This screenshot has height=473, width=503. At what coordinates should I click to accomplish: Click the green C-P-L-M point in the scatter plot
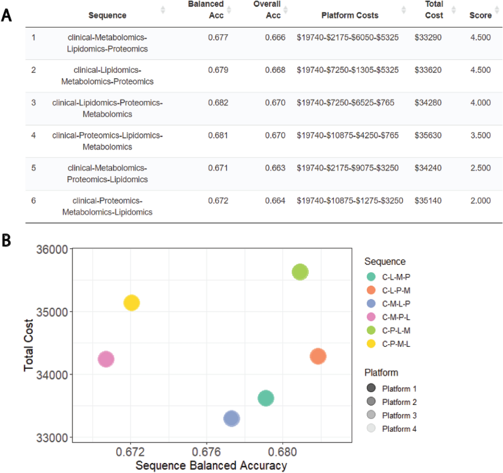pos(300,272)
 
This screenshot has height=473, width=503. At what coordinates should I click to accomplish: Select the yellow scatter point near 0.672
pos(131,303)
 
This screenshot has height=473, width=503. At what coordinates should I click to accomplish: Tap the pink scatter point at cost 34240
pos(106,359)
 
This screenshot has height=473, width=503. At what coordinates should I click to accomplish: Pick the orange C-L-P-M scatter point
pos(318,356)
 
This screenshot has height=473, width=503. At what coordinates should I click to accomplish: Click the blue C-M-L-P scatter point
pos(232,418)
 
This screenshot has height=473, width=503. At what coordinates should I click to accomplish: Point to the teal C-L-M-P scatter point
pos(266,398)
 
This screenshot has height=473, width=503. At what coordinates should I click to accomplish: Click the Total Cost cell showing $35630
pos(428,135)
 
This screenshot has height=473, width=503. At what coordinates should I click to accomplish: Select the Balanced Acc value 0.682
pos(218,103)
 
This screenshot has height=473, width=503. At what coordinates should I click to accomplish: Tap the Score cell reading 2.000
pos(480,200)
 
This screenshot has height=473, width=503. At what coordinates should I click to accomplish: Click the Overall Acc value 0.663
pos(275,168)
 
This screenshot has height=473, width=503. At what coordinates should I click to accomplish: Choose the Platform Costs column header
pos(350,15)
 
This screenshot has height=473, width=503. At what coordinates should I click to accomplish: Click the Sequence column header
pos(107,15)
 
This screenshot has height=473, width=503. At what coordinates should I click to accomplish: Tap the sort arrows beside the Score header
pos(497,10)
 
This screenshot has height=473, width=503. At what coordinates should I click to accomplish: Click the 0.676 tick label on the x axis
pos(206,452)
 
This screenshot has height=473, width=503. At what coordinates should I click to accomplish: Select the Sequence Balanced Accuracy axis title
pos(211,465)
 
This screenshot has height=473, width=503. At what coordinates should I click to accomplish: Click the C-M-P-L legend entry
pos(396,317)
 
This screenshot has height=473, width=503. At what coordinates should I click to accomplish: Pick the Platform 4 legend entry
pos(399,429)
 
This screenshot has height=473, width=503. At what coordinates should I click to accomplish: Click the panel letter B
pos(6,240)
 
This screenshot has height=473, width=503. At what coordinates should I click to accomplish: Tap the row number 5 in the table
pos(33,168)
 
